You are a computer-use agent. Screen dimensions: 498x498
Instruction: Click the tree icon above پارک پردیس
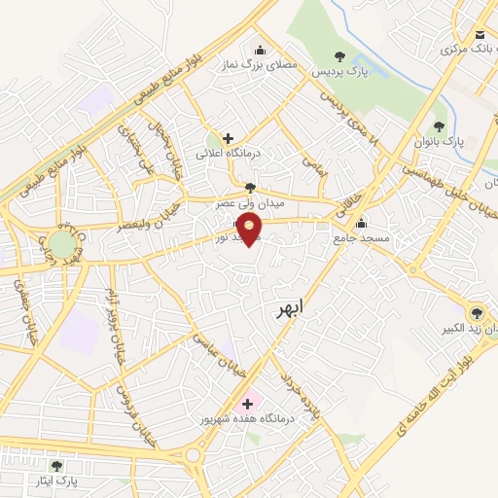click(338, 56)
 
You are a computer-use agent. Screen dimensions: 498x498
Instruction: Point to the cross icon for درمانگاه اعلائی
click(228, 138)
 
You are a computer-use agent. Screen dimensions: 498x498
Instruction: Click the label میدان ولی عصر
click(252, 202)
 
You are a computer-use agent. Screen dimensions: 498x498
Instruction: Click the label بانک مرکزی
click(468, 47)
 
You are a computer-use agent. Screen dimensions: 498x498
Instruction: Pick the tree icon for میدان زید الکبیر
click(476, 312)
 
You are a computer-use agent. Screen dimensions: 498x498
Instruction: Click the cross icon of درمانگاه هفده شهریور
click(247, 403)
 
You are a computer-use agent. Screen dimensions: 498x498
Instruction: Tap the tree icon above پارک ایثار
click(55, 466)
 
